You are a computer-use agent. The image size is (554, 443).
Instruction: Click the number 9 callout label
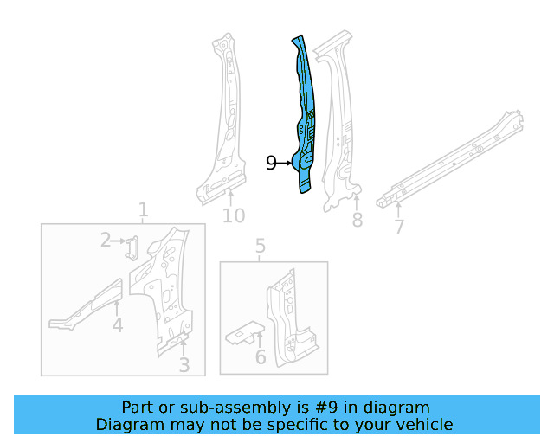coord(271,163)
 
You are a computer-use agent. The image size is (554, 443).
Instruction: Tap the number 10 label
coord(234,215)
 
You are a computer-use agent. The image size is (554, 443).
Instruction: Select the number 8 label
coord(357,221)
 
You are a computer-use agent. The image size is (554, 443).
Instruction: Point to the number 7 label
coord(398,227)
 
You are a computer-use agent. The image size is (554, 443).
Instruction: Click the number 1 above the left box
coord(143,210)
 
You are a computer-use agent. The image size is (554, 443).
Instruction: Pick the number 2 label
coord(106,241)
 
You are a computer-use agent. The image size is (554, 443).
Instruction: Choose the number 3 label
coord(184,366)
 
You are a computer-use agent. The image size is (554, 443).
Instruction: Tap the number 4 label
coord(117,325)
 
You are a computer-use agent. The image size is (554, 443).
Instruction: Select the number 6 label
coord(260,358)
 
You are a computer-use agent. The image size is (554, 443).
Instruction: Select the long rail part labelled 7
coord(450,160)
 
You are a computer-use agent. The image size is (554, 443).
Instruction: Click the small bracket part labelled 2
coord(132,247)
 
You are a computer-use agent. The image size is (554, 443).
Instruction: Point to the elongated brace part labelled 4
coord(87,305)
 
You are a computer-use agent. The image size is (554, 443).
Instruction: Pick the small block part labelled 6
coord(245,333)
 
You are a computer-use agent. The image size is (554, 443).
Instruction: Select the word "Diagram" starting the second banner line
coord(128,424)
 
